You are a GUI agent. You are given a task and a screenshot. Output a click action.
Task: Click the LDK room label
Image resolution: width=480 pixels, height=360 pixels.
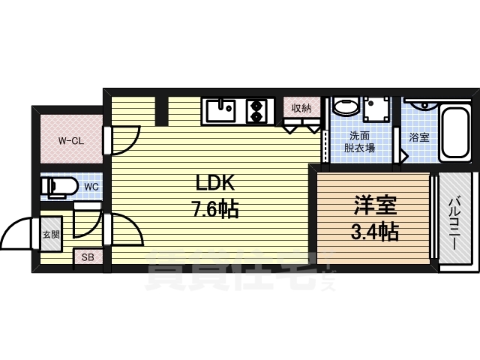point(215,183)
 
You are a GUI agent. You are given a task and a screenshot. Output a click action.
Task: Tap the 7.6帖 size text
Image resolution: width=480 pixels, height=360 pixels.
point(215,210)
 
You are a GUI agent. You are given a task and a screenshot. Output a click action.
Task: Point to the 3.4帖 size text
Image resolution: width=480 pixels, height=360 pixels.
point(375,232)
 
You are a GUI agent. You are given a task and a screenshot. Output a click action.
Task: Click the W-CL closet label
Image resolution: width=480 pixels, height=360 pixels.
point(71,141)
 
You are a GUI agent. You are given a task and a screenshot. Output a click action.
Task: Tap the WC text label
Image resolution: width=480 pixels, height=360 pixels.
point(91,187)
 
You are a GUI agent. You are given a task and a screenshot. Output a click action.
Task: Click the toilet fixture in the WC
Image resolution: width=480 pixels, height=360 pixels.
point(60,187)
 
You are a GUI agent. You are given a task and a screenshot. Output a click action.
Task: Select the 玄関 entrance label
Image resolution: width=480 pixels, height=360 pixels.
point(51,235)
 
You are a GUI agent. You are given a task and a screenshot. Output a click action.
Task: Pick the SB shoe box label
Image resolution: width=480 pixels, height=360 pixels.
point(88,258)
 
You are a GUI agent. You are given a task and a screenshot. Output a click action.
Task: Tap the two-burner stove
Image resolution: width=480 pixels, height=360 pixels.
point(256,111)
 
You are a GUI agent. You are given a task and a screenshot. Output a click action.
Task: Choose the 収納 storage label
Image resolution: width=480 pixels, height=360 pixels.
point(301,108)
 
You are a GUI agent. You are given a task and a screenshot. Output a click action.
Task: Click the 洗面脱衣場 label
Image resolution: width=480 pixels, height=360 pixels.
point(359,142)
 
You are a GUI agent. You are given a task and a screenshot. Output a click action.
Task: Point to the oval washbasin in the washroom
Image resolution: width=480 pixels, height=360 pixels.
point(346,106)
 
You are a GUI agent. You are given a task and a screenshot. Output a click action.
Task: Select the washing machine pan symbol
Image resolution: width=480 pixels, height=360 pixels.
point(376,109)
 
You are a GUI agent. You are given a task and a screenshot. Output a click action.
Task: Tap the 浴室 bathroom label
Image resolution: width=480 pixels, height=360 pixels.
point(419,137)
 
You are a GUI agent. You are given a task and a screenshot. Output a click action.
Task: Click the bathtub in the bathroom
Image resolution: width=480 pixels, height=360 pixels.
point(455,133)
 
